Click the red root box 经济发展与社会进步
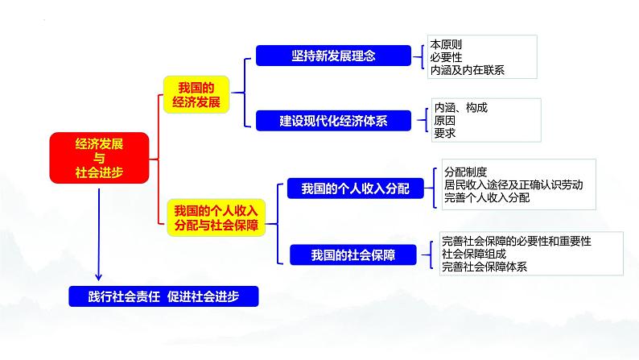[99, 156]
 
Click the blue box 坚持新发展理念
[333, 56]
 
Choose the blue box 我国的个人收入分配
[355, 189]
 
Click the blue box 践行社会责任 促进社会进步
[163, 297]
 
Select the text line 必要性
[446, 57]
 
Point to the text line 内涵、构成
[461, 108]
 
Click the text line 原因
[444, 121]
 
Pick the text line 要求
[444, 134]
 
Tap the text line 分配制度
[465, 172]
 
